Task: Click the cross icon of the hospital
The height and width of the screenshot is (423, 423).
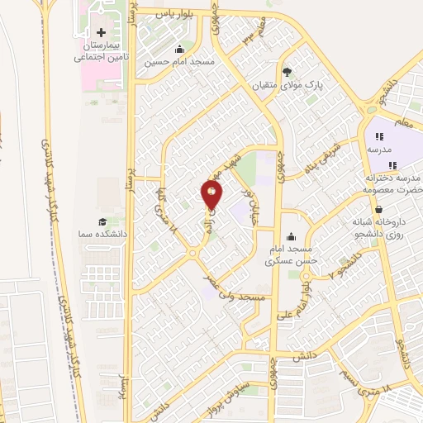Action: point(102,31)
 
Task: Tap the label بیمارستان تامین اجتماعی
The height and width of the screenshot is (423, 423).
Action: point(101,52)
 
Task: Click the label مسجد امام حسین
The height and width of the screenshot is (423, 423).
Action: point(179,62)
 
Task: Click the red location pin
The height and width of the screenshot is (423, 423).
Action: point(211,193)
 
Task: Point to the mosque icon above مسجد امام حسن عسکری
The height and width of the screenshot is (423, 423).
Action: point(288,235)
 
